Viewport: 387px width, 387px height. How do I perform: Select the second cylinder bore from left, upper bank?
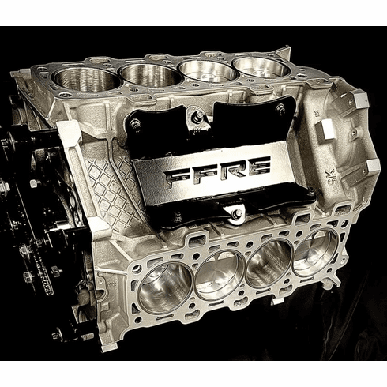point(149,76)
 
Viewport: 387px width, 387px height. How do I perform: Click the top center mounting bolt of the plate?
point(197,117)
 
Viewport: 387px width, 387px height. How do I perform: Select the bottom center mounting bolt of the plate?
point(235,213)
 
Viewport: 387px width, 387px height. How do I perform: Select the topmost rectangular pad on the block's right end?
point(359,100)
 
